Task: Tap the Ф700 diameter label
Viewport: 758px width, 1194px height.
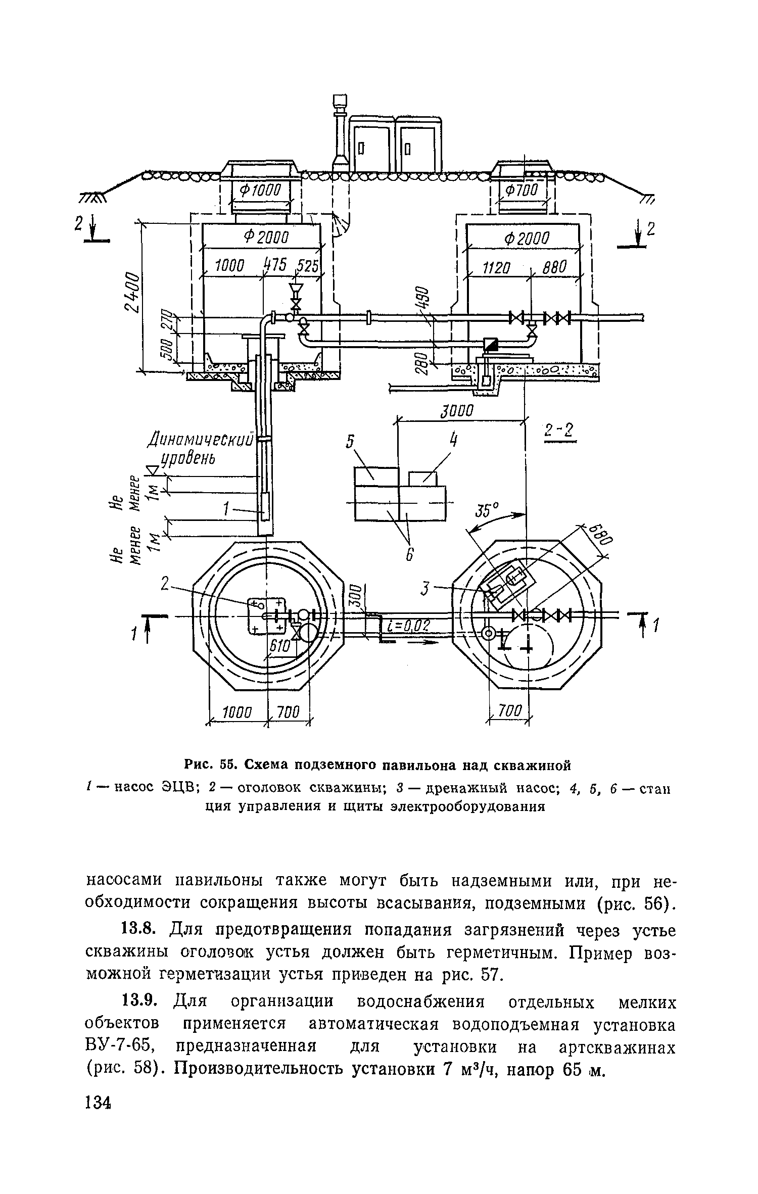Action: pyautogui.click(x=522, y=190)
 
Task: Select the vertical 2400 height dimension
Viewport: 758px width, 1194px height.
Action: pyautogui.click(x=132, y=293)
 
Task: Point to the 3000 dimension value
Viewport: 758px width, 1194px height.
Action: pyautogui.click(x=456, y=411)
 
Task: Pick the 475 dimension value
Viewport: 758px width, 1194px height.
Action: pyautogui.click(x=275, y=264)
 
